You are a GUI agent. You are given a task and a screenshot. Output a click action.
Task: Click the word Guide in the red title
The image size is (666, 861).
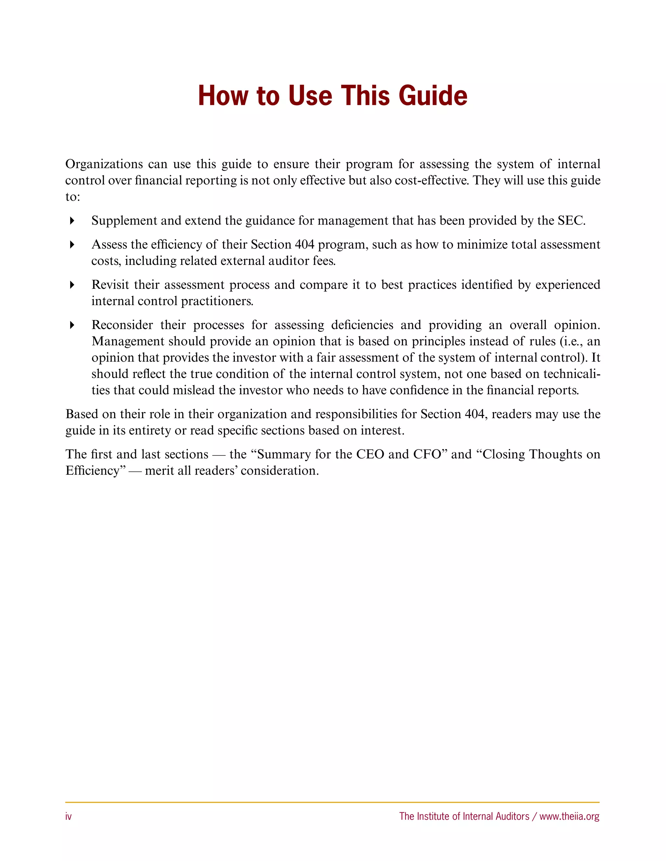click(433, 96)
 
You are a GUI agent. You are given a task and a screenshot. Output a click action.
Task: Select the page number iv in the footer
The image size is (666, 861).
click(68, 816)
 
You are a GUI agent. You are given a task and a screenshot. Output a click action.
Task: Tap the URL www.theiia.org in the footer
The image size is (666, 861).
click(569, 816)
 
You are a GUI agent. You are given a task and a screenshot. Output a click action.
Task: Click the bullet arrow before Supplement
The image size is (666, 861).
click(72, 221)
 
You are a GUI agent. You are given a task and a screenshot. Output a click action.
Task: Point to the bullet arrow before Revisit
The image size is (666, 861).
click(72, 285)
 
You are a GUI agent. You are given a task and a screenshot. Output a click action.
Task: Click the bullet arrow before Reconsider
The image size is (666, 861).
click(72, 325)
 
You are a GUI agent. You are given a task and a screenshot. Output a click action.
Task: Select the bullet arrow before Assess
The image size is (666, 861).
click(72, 245)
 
